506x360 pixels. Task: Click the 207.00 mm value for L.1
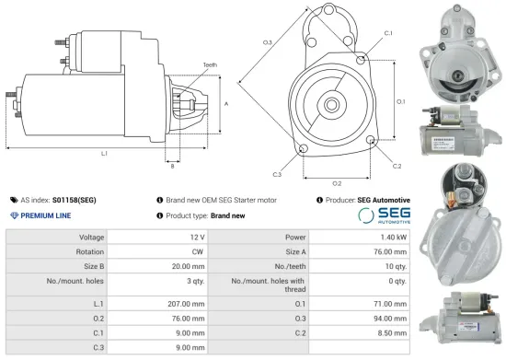point(185,303)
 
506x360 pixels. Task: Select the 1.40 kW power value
point(391,237)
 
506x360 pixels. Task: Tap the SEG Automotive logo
point(383,215)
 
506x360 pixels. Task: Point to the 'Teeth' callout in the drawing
point(210,64)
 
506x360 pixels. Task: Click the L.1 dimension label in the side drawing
point(104,153)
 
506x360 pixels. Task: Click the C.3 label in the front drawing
point(277,173)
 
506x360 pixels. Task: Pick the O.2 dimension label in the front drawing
point(337,183)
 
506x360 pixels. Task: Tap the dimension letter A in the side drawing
point(226,104)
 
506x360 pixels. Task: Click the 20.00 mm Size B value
point(187,264)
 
